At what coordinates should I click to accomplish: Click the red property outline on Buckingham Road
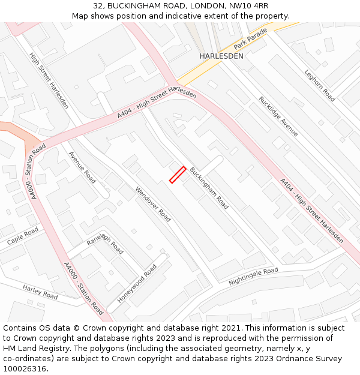(x=177, y=175)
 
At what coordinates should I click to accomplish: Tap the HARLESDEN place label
(x=221, y=56)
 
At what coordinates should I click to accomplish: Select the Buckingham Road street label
(x=209, y=188)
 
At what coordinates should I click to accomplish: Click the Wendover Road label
(x=153, y=204)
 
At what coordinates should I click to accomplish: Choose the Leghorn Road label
(x=319, y=85)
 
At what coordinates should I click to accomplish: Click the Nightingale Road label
(x=253, y=276)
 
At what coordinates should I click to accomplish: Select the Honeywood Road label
(x=137, y=283)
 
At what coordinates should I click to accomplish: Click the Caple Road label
(x=23, y=236)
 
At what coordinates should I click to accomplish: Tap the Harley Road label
(x=40, y=292)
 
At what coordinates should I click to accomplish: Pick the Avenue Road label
(x=82, y=167)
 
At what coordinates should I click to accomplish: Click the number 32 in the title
(x=98, y=6)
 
